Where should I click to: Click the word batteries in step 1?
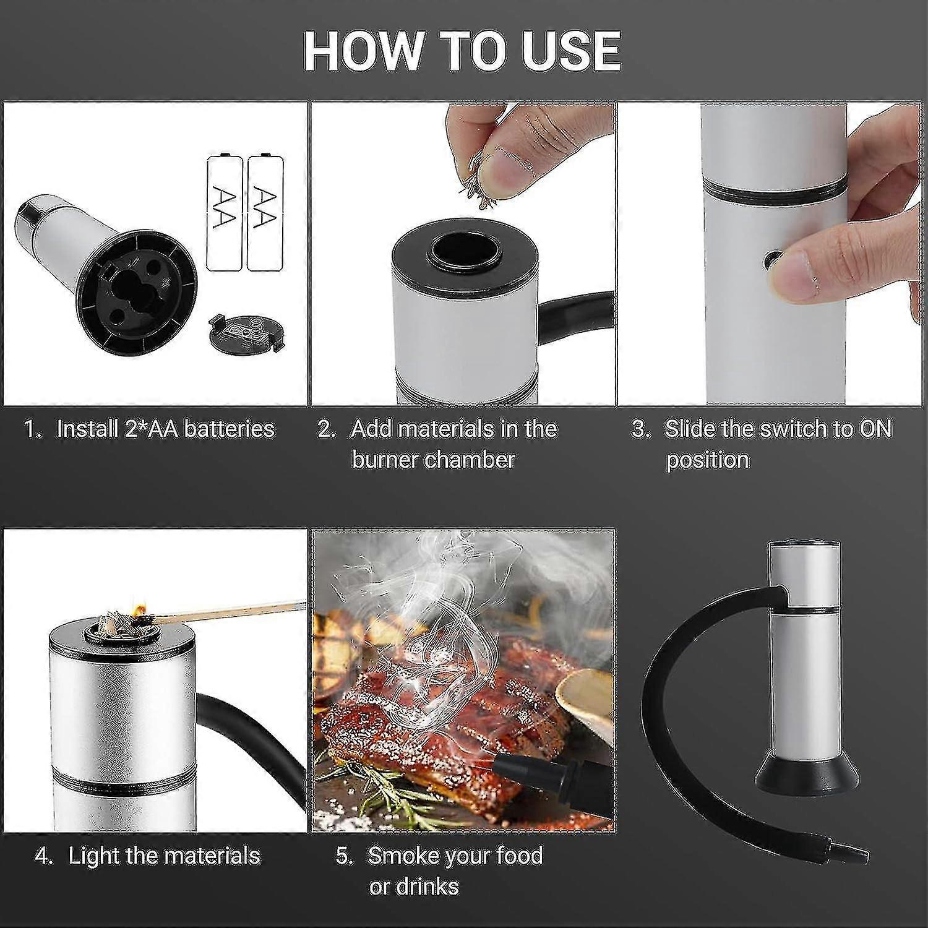coord(230,428)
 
